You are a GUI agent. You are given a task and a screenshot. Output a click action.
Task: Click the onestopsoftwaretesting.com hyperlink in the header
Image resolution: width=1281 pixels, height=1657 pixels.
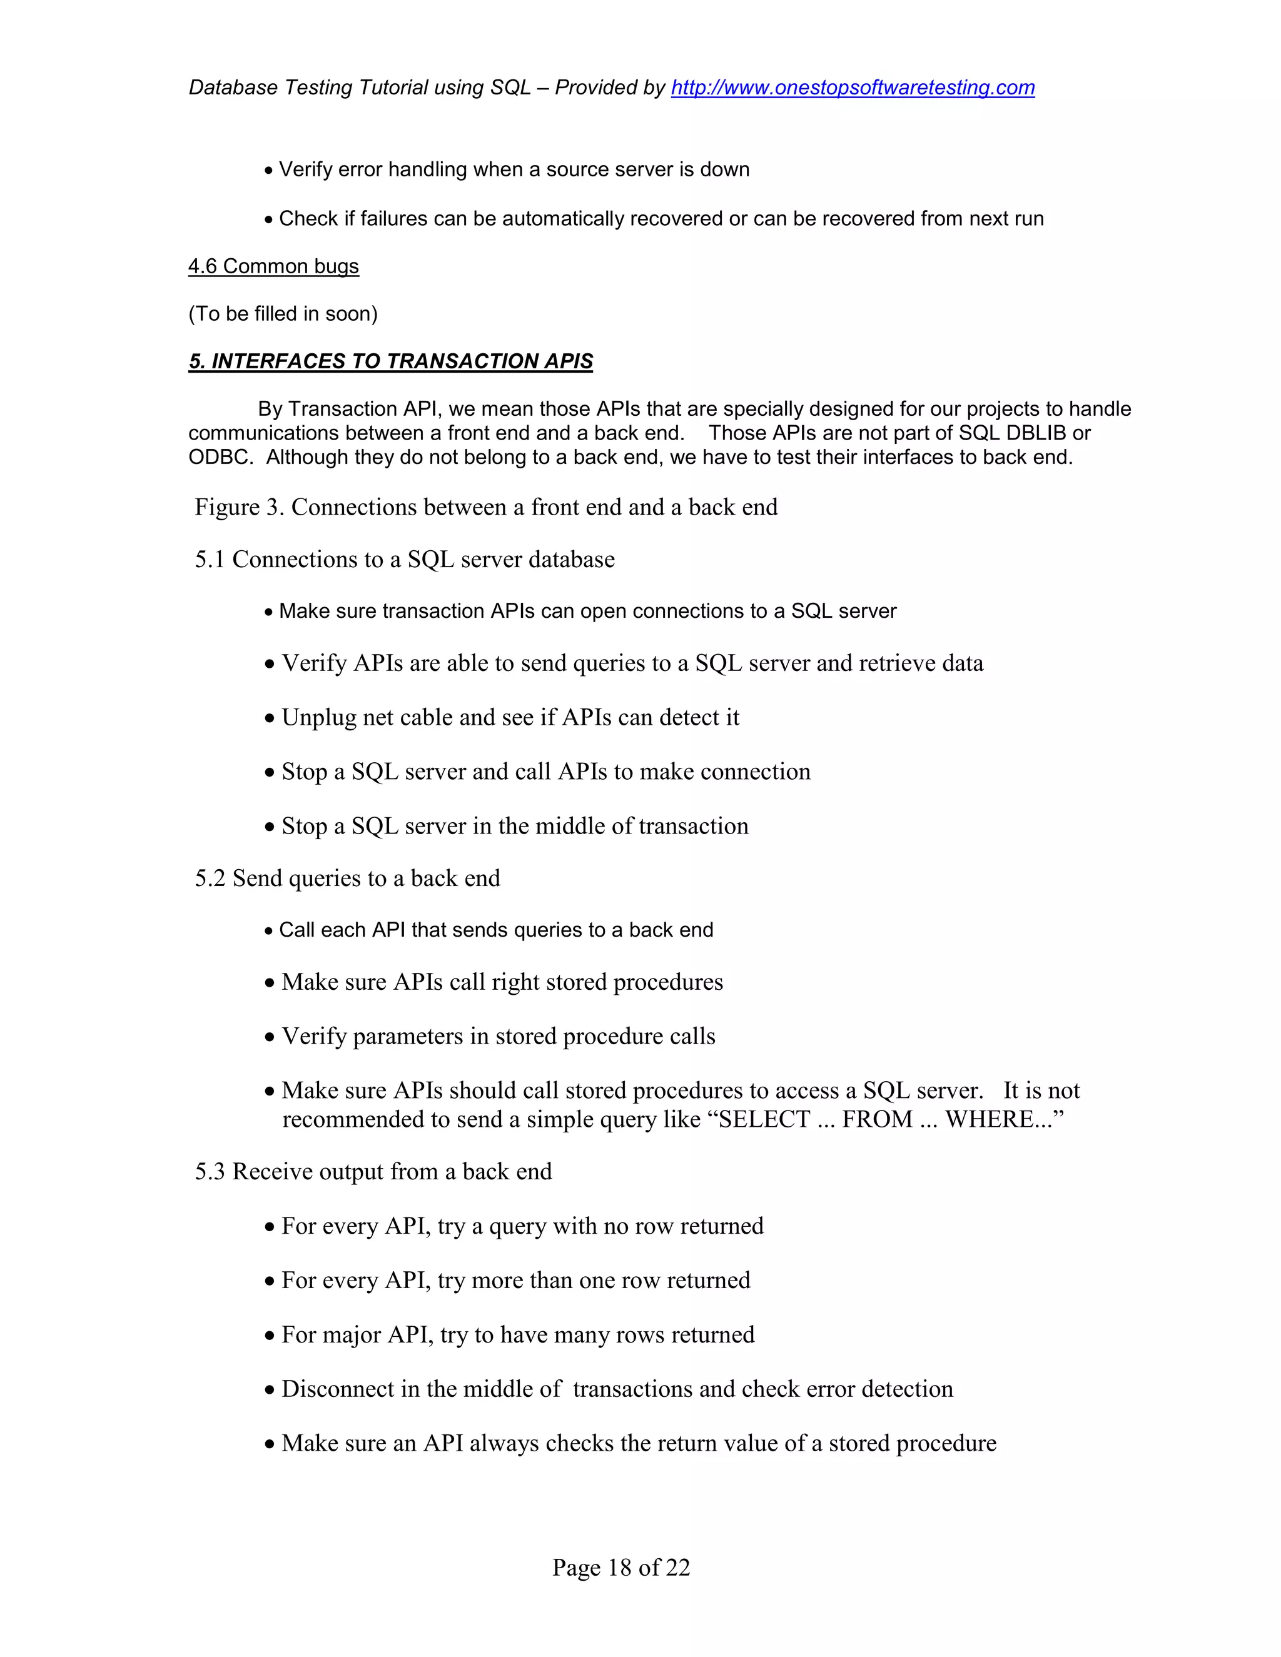853,88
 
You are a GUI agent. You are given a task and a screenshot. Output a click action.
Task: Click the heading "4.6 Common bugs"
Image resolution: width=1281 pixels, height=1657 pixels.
273,266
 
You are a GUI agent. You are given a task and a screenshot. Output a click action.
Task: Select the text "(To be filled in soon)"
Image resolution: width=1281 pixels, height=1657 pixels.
282,314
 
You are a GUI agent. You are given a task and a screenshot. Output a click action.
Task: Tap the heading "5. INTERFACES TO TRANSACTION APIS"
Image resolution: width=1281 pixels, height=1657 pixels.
390,361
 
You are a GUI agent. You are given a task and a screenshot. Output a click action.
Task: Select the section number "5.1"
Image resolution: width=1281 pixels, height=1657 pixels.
210,559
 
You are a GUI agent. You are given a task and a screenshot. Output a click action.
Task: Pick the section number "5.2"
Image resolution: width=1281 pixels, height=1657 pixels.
210,878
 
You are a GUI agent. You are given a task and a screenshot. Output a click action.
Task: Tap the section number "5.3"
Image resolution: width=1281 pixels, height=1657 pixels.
210,1171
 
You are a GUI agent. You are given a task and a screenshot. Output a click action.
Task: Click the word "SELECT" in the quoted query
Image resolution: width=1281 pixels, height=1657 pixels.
764,1120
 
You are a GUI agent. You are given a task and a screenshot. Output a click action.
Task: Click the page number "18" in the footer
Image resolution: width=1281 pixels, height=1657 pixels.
620,1568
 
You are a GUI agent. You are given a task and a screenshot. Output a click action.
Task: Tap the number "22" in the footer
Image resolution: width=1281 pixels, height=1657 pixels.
677,1568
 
